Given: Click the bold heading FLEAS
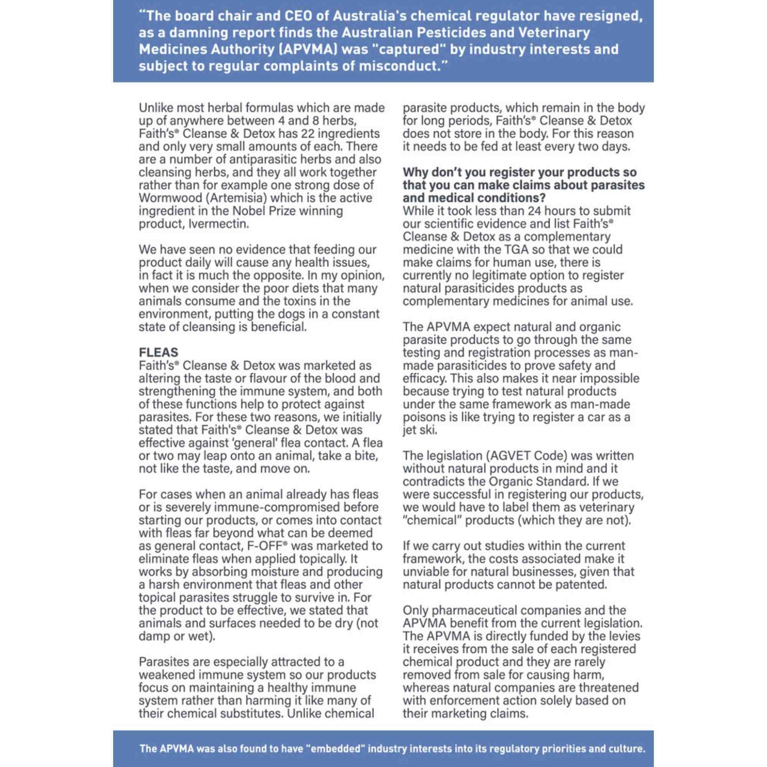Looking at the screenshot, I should [x=159, y=352].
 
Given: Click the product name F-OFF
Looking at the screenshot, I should [x=265, y=546].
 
